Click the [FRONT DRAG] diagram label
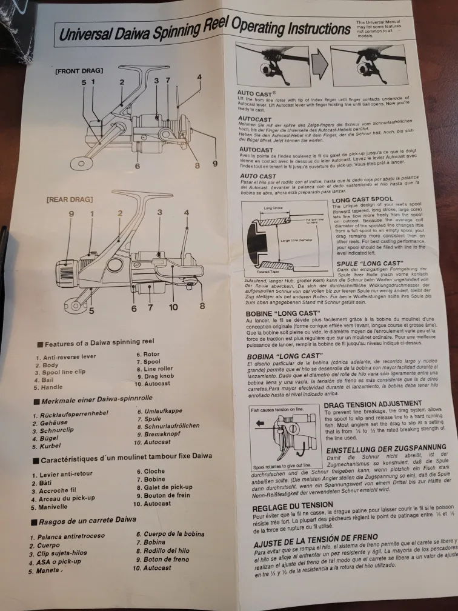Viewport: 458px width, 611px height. [x=79, y=71]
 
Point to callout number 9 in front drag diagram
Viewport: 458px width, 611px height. [x=214, y=164]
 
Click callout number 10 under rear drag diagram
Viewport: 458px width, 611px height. [x=173, y=307]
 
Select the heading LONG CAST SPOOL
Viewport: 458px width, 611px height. [x=363, y=199]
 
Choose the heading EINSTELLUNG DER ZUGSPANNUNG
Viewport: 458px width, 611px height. [x=387, y=450]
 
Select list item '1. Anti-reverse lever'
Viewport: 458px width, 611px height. [x=65, y=357]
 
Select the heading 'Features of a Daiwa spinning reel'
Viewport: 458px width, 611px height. [x=98, y=344]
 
